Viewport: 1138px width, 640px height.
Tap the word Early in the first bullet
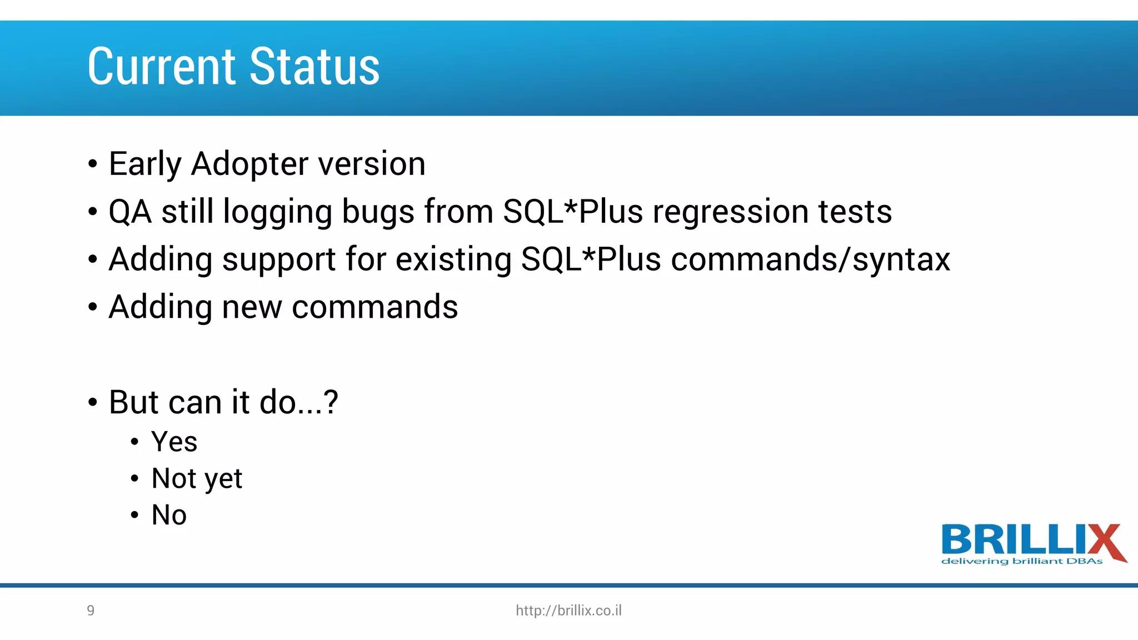145,164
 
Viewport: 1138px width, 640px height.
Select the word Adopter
249,164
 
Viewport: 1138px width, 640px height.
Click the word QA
129,212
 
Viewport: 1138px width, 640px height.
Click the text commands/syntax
810,260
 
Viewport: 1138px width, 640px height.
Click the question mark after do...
331,402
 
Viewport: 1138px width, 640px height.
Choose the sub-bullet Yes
174,442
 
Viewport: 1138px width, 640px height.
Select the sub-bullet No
169,515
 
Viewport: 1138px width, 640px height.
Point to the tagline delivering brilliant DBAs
1021,562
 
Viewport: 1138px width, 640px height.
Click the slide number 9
91,611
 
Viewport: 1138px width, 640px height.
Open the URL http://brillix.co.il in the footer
568,611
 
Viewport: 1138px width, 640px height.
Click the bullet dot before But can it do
93,403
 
